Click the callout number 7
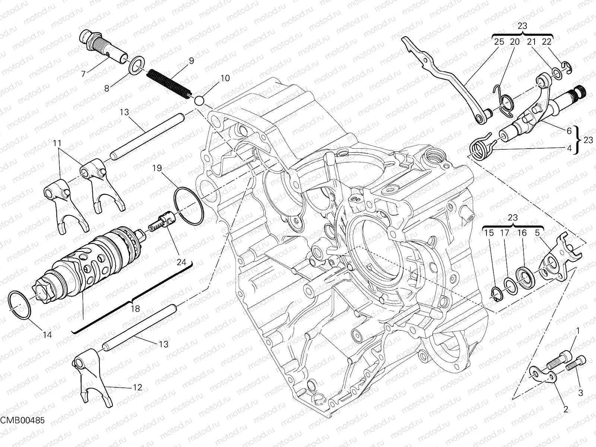[83, 74]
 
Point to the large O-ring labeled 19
[189, 207]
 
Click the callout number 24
[181, 262]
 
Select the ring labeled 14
[19, 305]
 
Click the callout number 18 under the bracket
[135, 308]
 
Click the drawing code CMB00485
[22, 420]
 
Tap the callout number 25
[499, 42]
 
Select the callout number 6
[569, 131]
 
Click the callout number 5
[537, 233]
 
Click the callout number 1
[578, 330]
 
